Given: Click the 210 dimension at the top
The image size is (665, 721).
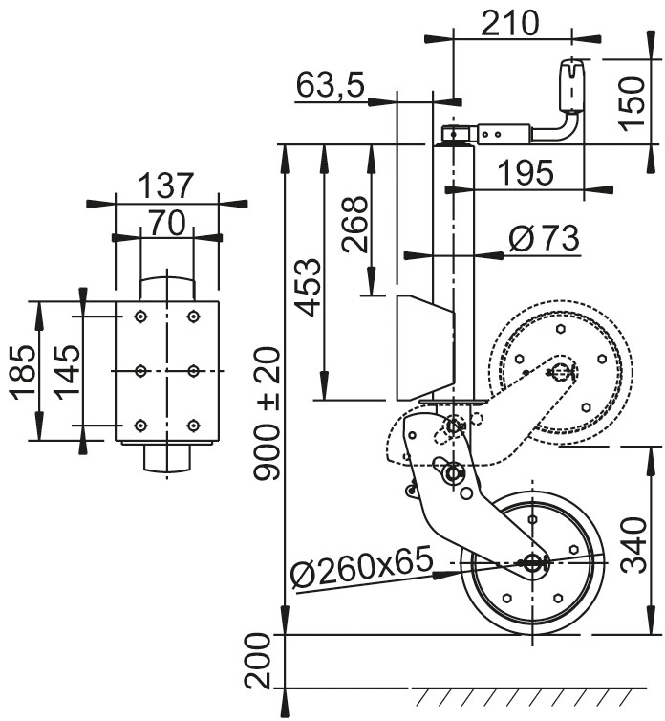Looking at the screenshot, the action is coord(510,23).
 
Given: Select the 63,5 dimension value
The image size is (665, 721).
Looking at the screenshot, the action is coord(331,86).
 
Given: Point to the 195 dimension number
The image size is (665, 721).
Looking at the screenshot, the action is coord(525,172).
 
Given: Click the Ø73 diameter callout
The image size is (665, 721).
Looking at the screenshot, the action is coord(544,238).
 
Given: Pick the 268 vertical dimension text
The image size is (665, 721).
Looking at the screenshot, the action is coord(354,224).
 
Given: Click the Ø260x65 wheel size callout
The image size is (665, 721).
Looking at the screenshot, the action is coord(360,571).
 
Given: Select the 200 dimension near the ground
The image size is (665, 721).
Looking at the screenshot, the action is coord(258,662).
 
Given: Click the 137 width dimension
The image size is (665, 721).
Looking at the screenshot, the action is coord(166,186).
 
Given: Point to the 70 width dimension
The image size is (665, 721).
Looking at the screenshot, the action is coord(166,224).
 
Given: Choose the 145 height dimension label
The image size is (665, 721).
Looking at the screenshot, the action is coord(64,370).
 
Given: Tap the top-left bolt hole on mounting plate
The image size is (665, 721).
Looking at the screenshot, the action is coord(140,316).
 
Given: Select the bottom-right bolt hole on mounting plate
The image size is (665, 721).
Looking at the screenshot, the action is coord(194,425).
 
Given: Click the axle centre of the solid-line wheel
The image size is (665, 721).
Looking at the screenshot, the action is coord(531,563).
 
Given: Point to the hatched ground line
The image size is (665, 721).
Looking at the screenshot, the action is coord(535,691).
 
